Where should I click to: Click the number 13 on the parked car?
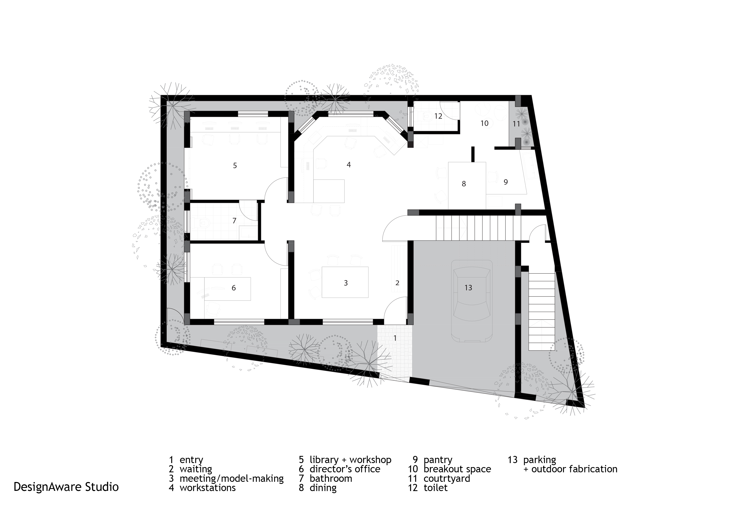(468, 288)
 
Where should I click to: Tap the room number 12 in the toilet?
(438, 116)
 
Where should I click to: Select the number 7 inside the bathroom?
(234, 221)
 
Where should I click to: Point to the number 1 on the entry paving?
(395, 338)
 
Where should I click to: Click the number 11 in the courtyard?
(516, 124)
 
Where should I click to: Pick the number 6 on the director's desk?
(234, 288)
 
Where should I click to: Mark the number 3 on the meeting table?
(346, 283)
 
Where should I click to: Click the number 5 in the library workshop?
(235, 166)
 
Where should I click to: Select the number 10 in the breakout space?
(484, 123)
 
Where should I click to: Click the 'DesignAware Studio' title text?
(66, 487)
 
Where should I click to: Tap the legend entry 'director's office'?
(345, 469)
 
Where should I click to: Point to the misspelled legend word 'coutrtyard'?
(447, 479)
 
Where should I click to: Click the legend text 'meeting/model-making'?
(232, 479)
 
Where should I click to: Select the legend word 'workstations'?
(208, 488)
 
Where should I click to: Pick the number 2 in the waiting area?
(397, 283)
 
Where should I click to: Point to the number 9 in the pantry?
(506, 182)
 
